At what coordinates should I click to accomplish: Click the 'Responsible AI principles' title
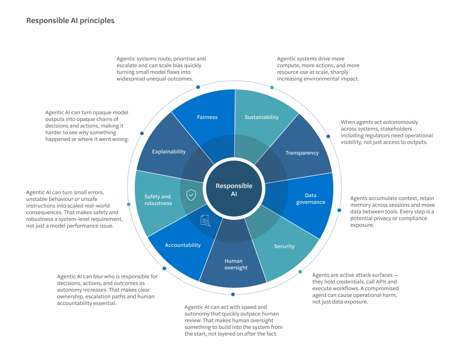[x=70, y=21]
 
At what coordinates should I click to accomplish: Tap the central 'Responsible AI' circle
[x=234, y=189]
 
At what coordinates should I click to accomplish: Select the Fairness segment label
[x=207, y=117]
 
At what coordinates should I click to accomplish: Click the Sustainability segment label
[x=262, y=117]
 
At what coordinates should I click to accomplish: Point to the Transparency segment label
[x=302, y=153]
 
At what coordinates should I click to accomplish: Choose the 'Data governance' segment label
[x=310, y=199]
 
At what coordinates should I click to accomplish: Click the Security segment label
[x=285, y=246]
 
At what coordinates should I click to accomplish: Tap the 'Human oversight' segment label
[x=236, y=264]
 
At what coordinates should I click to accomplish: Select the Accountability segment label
[x=183, y=245]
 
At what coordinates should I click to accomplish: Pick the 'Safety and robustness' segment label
[x=158, y=200]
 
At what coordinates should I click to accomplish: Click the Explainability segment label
[x=169, y=151]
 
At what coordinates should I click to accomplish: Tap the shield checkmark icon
[x=191, y=195]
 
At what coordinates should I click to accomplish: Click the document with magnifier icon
[x=205, y=221]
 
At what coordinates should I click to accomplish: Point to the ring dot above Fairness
[x=198, y=87]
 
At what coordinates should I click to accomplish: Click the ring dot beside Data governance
[x=339, y=210]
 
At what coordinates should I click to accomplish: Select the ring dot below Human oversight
[x=233, y=294]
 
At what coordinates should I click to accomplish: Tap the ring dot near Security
[x=300, y=272]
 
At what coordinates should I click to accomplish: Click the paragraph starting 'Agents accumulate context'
[x=392, y=211]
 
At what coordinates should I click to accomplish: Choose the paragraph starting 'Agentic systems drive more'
[x=318, y=69]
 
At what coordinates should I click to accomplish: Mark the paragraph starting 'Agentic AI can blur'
[x=107, y=290]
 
